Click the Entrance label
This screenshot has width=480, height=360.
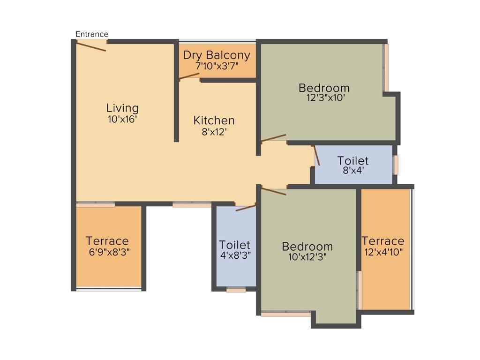pos(92,34)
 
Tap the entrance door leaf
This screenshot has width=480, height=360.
pos(91,46)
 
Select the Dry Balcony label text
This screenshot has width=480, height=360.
pos(217,55)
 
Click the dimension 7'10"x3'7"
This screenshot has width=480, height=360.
pos(217,66)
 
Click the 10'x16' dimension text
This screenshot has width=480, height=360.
pos(122,120)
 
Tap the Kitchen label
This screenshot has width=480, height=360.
pos(214,120)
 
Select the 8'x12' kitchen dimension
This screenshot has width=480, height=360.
pos(214,132)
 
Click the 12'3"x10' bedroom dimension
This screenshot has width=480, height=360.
pos(324,98)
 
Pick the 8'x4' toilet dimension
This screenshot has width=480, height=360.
pos(353,171)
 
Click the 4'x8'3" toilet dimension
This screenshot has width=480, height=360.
pos(235,256)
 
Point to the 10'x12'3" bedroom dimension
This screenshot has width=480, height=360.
pos(307,257)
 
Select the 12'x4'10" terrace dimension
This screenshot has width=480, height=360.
pos(382,252)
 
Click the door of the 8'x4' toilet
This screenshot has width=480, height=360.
pos(317,156)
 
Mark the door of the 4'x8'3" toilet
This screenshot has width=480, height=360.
pos(246,208)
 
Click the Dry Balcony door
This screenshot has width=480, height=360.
pos(189,76)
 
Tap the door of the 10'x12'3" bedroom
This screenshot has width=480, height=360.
pos(274,192)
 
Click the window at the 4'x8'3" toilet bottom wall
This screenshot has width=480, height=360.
pos(236,291)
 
